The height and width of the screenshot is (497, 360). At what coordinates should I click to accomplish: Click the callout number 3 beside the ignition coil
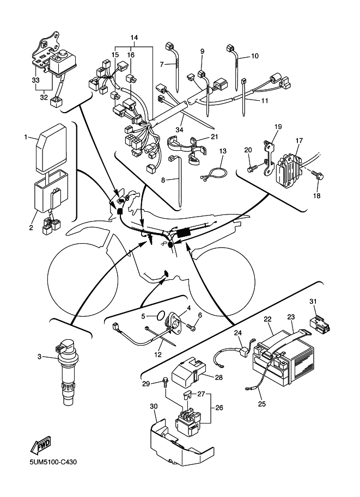pyautogui.click(x=39, y=357)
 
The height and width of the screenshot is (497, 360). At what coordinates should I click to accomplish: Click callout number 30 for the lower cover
pyautogui.click(x=153, y=406)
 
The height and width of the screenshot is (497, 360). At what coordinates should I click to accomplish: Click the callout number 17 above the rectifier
pyautogui.click(x=299, y=140)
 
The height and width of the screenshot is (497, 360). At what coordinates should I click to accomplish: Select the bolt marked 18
pyautogui.click(x=320, y=176)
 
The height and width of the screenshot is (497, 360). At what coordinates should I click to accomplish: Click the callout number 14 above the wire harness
pyautogui.click(x=134, y=36)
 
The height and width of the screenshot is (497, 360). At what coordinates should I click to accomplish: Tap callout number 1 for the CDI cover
pyautogui.click(x=26, y=137)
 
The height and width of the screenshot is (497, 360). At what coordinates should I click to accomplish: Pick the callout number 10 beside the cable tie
pyautogui.click(x=255, y=56)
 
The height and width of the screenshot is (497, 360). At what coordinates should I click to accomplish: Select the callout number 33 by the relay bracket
pyautogui.click(x=35, y=80)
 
